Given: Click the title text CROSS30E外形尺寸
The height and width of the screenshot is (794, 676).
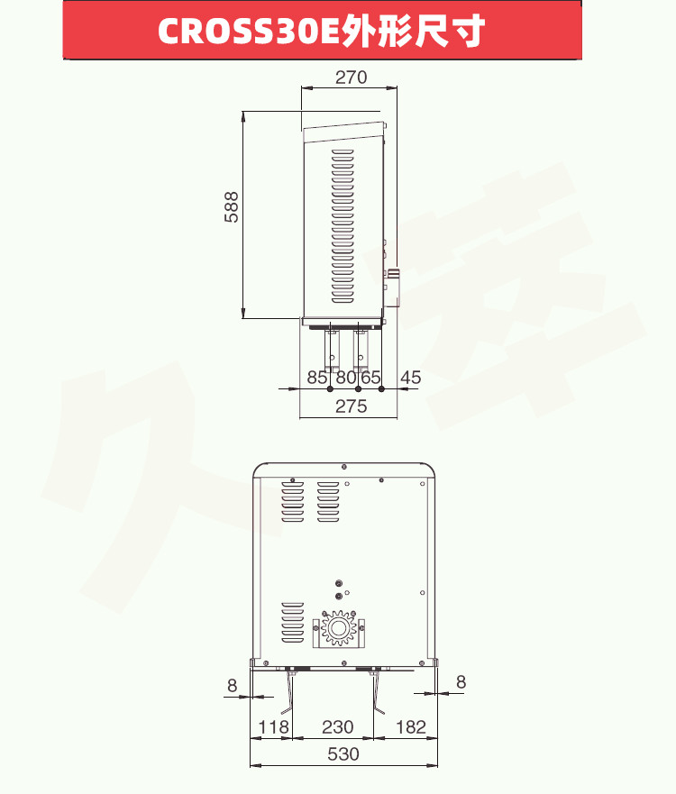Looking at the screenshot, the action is click(x=322, y=30).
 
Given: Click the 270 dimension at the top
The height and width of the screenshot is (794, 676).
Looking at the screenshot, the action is click(x=351, y=78).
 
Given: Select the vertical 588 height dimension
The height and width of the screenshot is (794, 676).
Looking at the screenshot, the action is click(x=231, y=206).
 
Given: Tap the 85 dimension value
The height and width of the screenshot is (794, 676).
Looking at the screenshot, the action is click(x=317, y=378).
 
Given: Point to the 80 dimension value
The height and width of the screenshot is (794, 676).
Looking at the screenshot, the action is click(x=346, y=378).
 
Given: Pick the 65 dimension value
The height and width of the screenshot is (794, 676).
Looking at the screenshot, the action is click(x=370, y=378).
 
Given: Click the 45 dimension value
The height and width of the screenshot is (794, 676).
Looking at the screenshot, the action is click(x=410, y=378).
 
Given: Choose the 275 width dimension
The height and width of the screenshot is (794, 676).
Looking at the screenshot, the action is click(x=351, y=406).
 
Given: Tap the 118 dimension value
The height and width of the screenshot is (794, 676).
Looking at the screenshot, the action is click(x=273, y=727).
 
